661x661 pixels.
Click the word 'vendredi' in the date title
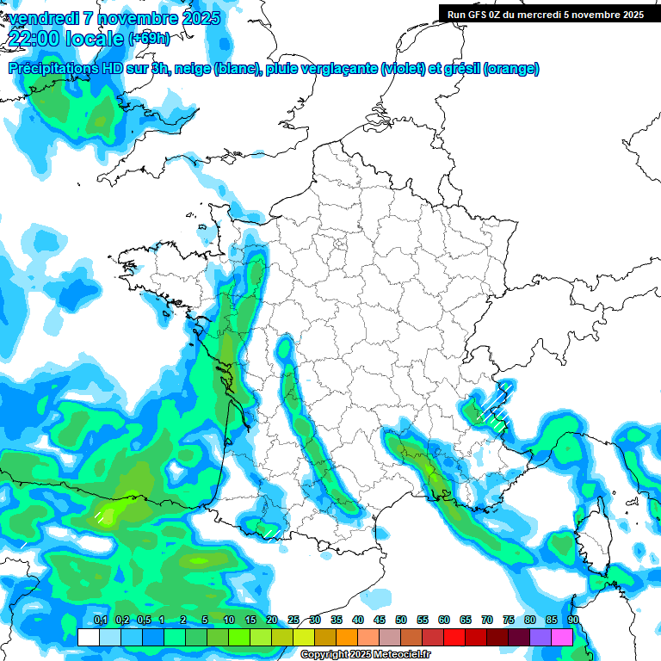pos(43,18)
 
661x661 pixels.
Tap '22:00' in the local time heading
pos(35,38)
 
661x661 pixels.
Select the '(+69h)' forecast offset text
pos(149,38)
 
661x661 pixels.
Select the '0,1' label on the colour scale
pos(100,620)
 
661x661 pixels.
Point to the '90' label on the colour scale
pos(573,620)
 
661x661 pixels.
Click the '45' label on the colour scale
pos(380,620)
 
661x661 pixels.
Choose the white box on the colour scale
pos(88,637)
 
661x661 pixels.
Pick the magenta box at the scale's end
pos(563,637)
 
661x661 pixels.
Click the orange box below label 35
pos(347,637)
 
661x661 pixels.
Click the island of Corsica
pos(593,537)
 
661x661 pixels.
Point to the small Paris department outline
pos(339,243)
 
